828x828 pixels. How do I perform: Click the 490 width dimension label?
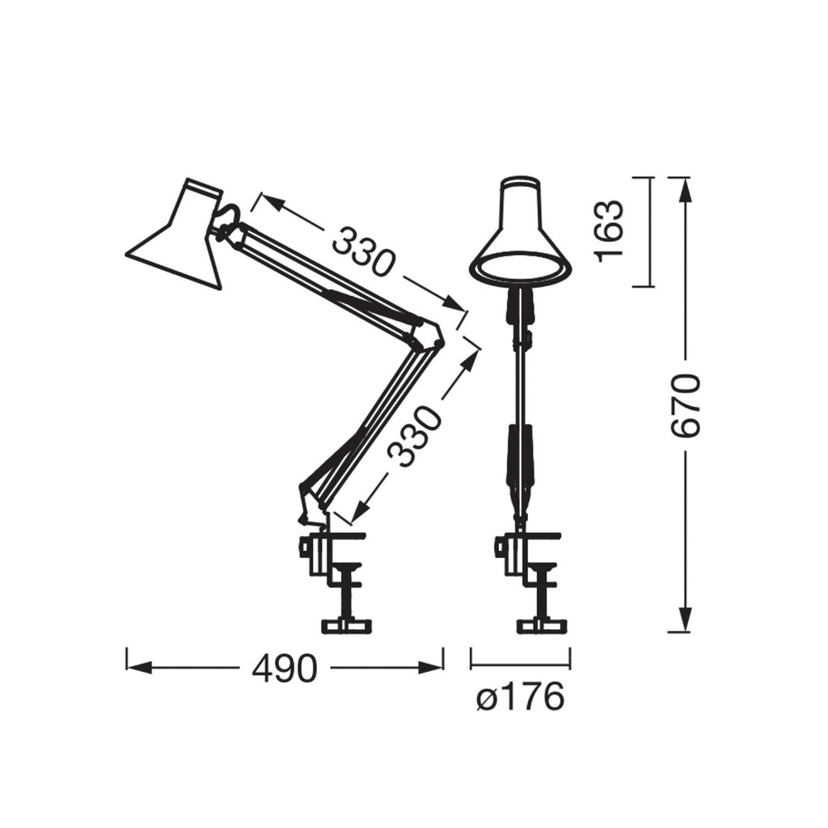(x=285, y=668)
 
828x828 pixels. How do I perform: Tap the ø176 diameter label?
(x=521, y=697)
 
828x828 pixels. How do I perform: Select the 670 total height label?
(x=685, y=406)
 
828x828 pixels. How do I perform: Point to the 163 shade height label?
(x=609, y=231)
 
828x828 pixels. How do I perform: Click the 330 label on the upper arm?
(x=364, y=251)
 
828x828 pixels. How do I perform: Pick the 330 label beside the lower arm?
(x=413, y=436)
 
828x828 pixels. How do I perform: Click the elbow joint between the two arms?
(x=427, y=336)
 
